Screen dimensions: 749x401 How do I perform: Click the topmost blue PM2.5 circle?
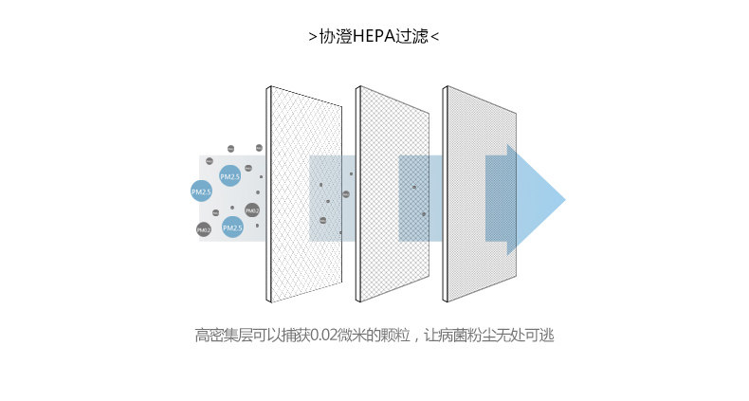230,176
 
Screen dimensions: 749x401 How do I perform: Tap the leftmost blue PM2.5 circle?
201,191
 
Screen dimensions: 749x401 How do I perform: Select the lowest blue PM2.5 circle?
232,228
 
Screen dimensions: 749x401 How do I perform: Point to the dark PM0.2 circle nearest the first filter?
251,210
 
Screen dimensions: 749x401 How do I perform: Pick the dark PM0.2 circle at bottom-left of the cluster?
204,230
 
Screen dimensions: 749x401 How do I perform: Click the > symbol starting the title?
313,38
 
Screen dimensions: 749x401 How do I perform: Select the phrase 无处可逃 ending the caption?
526,336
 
